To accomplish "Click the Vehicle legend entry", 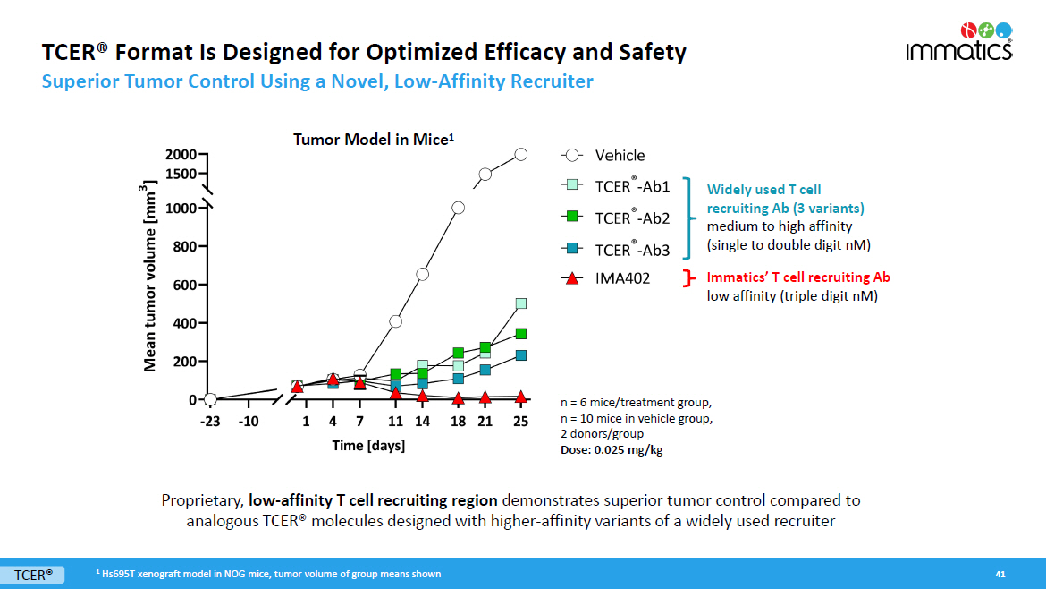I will [619, 155].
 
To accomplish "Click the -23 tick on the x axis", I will [210, 421].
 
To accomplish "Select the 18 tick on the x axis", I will [458, 421].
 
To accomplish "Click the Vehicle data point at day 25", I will [521, 155].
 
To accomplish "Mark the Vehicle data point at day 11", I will [395, 320].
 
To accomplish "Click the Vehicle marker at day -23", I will [210, 399].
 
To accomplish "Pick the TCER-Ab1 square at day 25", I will [521, 303].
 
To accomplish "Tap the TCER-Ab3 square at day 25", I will [521, 355].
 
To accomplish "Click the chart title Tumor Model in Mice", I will [375, 140].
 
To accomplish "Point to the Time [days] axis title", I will [368, 445].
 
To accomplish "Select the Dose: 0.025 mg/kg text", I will [604, 449].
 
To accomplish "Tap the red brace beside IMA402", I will [688, 277].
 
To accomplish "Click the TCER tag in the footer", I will [34, 574].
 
